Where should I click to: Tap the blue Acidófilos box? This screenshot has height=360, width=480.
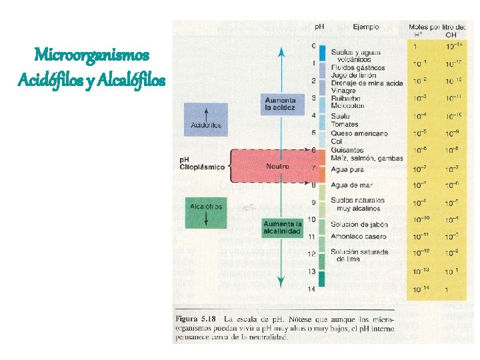[x=206, y=120]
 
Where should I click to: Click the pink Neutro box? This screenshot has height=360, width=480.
[x=277, y=165]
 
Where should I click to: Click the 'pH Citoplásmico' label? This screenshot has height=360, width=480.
[x=202, y=163]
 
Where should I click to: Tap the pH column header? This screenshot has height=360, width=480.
[x=321, y=28]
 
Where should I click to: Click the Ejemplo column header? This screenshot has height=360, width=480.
[x=366, y=27]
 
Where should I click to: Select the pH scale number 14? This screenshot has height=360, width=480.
[x=311, y=289]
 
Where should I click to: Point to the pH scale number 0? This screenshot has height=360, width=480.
[x=313, y=46]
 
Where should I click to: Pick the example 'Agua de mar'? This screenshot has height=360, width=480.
[x=350, y=185]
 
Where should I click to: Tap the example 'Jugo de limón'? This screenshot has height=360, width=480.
[x=354, y=75]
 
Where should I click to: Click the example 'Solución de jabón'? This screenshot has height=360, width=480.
[x=359, y=225]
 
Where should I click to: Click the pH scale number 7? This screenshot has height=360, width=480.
[x=313, y=167]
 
